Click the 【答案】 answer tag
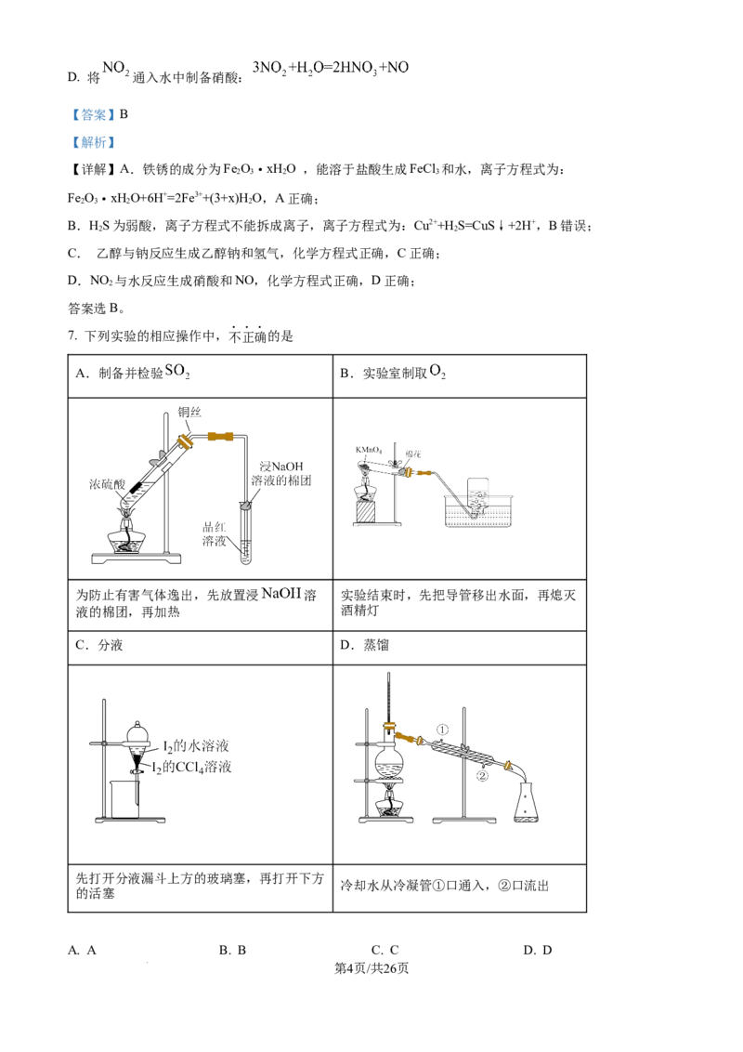[93, 114]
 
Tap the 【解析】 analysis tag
[93, 142]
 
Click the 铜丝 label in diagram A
[189, 413]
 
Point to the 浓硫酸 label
[108, 484]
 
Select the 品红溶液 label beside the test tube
[215, 533]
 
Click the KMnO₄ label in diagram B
[368, 450]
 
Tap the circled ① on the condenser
[443, 730]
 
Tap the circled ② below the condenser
[482, 776]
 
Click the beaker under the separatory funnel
[124, 798]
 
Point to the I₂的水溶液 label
[196, 746]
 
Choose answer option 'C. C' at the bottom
[385, 950]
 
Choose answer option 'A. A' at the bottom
[82, 950]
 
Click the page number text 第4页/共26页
[371, 968]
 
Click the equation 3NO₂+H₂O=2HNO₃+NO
[331, 68]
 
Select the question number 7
[72, 336]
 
